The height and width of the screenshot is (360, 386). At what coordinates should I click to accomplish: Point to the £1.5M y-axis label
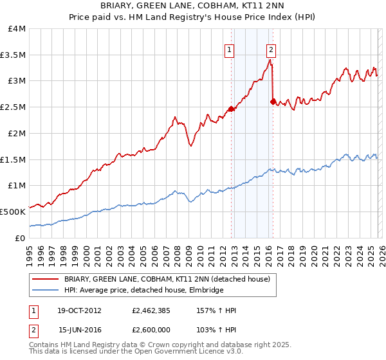tap(13, 159)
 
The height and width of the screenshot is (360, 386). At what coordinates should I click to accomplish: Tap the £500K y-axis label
tap(13, 212)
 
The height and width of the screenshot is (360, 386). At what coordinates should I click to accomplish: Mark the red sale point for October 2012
tap(232, 109)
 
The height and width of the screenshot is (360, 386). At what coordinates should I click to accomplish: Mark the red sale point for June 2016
tap(273, 102)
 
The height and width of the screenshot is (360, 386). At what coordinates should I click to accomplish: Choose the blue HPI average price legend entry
tap(143, 291)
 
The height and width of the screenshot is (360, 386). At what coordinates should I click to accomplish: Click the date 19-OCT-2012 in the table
tap(80, 310)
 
